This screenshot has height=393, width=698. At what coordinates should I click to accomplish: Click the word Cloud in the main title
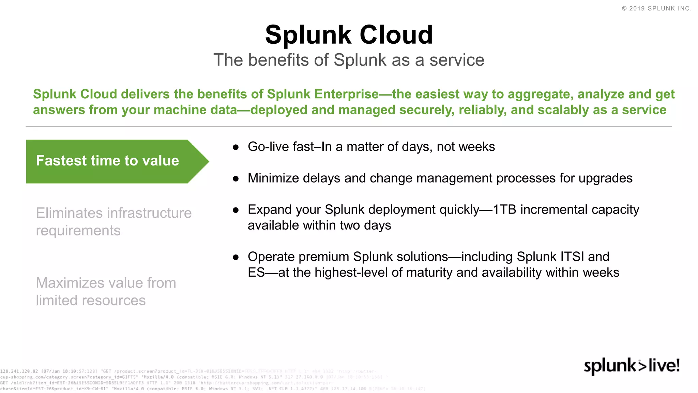[396, 35]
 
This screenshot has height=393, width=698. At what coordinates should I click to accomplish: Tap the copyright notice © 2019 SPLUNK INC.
[656, 9]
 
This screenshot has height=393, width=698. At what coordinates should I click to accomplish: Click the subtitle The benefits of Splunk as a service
[349, 60]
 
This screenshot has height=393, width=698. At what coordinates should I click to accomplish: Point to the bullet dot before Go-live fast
[236, 147]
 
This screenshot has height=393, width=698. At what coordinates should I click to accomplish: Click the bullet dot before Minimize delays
[236, 179]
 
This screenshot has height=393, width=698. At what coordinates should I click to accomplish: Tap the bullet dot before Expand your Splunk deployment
[236, 210]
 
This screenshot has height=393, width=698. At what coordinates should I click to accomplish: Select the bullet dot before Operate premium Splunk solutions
[236, 257]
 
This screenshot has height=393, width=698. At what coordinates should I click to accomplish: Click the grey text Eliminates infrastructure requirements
[113, 222]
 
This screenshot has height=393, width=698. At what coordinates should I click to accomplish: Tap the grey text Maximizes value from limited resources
[106, 292]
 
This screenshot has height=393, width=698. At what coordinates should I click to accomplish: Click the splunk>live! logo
[632, 366]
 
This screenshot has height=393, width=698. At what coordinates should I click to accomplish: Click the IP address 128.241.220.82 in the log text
[19, 371]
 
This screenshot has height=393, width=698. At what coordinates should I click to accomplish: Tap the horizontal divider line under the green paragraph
[349, 127]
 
